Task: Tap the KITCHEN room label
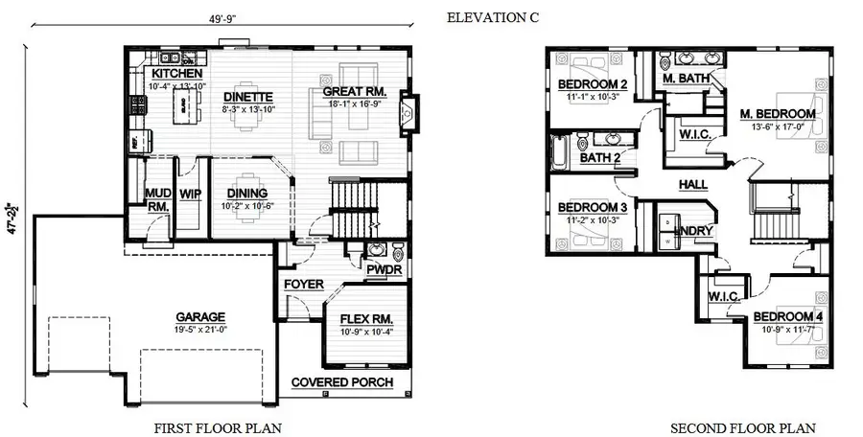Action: click(x=176, y=74)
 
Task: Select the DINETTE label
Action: click(x=248, y=97)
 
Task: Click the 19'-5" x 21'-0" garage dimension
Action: click(x=199, y=330)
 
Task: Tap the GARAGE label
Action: click(x=199, y=317)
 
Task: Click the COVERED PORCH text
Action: click(x=342, y=382)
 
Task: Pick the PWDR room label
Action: click(x=384, y=269)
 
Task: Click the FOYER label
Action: click(x=303, y=284)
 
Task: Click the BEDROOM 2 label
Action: click(x=593, y=84)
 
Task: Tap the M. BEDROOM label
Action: click(x=778, y=114)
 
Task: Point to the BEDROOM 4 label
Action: click(x=787, y=317)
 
